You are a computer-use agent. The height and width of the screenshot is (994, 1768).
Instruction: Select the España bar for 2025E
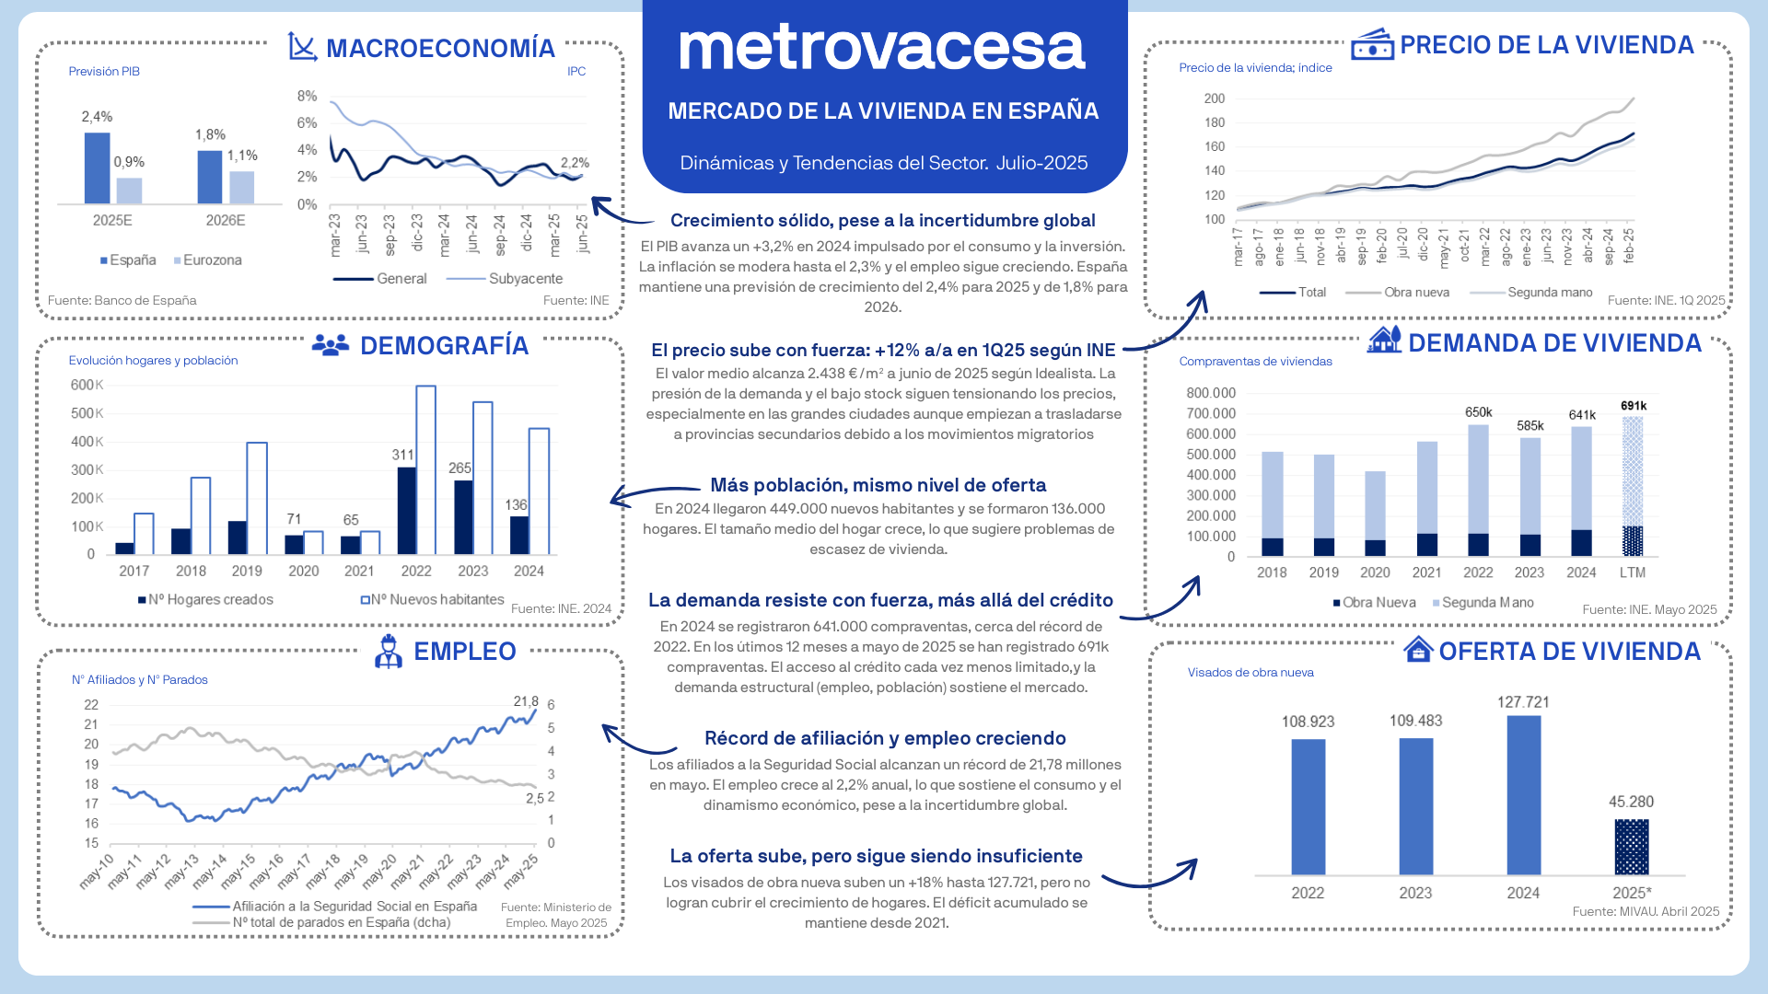[97, 168]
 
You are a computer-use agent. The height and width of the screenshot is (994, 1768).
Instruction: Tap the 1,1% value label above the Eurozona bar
[242, 156]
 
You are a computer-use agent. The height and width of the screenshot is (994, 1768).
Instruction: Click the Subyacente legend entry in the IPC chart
[525, 278]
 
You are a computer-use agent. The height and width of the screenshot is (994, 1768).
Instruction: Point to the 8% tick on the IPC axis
[307, 96]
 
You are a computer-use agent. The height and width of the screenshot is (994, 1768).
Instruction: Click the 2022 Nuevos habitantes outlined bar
[425, 469]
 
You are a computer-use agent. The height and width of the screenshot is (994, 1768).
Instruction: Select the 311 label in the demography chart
[402, 455]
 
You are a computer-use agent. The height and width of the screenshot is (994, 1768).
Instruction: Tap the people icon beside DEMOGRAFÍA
[330, 345]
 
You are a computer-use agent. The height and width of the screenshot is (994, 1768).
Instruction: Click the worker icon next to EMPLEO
[388, 651]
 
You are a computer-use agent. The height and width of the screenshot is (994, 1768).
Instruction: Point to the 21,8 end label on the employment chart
[525, 701]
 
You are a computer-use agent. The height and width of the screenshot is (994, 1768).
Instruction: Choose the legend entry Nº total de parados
[341, 922]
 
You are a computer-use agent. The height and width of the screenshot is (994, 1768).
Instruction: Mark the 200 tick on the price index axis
[1215, 98]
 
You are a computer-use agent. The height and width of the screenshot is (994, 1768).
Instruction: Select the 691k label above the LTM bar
[1634, 406]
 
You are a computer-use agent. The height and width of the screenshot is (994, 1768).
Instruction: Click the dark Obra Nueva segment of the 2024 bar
[1581, 543]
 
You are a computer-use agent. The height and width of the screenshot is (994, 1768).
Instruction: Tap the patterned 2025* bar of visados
[1631, 847]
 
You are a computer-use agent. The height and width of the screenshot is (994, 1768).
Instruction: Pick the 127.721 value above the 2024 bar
[1523, 702]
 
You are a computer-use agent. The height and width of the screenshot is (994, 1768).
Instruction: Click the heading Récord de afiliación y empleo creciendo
[885, 738]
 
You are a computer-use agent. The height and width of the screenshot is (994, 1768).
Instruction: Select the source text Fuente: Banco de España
[122, 300]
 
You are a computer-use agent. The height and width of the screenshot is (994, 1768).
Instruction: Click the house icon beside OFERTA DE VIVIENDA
[1417, 650]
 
